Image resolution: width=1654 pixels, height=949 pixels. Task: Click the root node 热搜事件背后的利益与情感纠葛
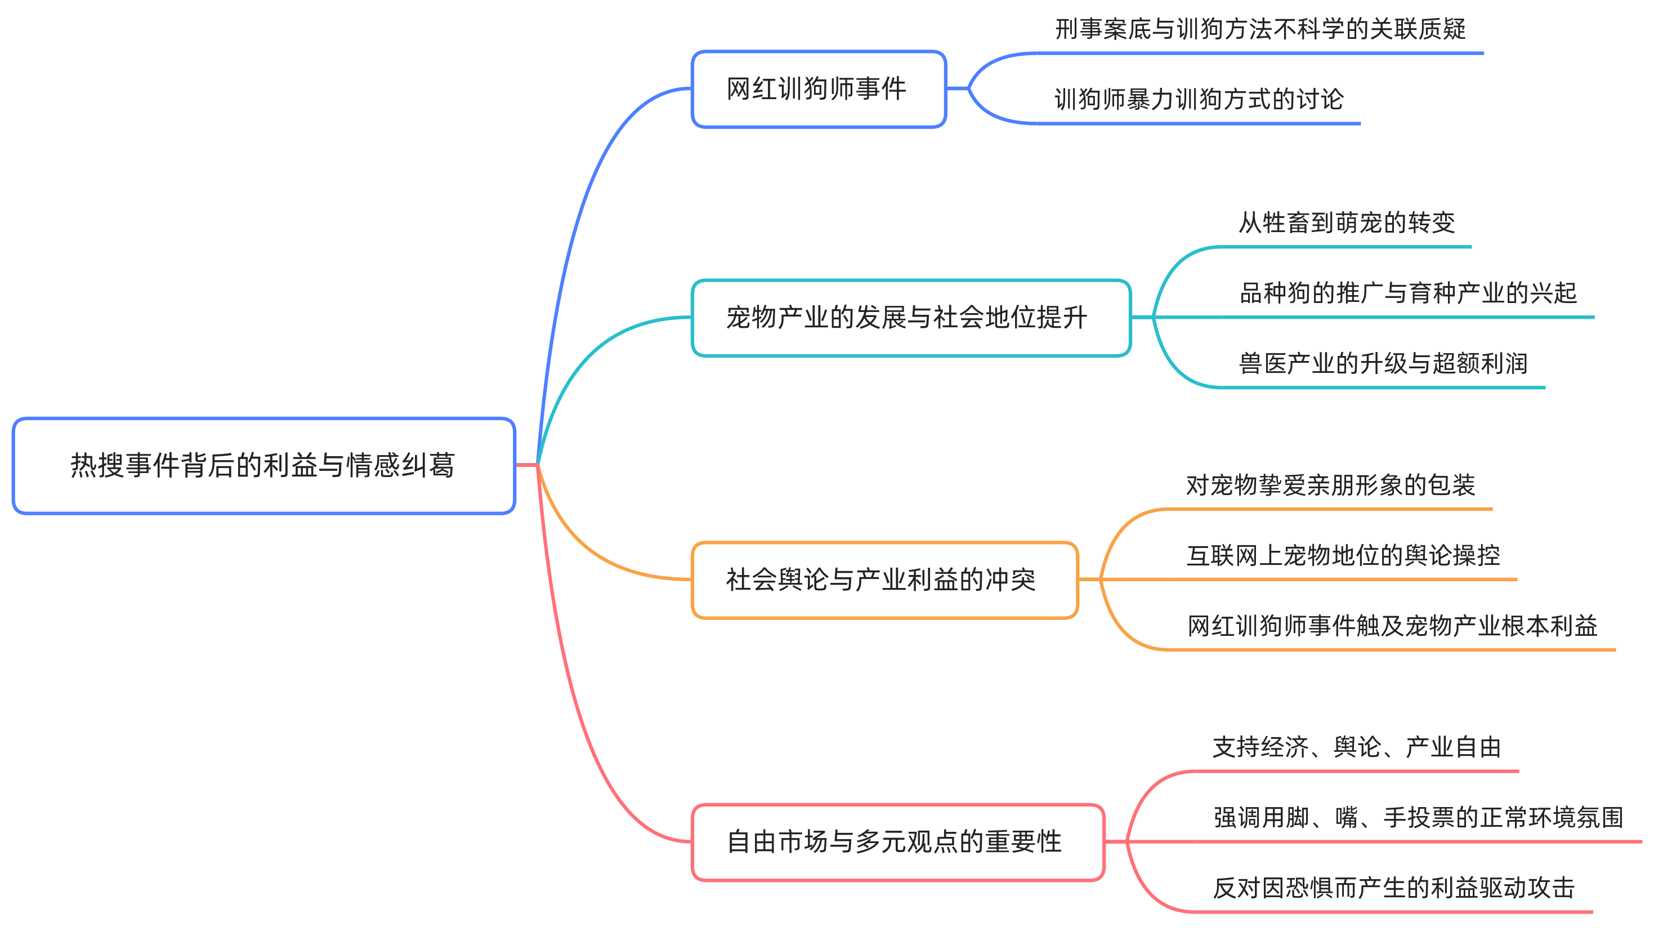click(x=263, y=465)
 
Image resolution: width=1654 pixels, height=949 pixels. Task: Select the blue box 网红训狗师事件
click(x=817, y=88)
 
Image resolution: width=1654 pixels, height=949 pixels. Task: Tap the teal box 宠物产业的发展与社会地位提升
click(x=910, y=318)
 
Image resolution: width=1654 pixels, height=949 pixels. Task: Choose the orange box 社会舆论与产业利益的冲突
click(x=884, y=580)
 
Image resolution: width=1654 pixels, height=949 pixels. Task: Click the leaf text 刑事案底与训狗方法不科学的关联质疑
click(x=1260, y=29)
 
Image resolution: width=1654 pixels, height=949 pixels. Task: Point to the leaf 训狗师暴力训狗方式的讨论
click(x=1199, y=100)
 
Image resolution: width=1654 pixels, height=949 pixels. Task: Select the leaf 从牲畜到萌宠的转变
click(x=1346, y=223)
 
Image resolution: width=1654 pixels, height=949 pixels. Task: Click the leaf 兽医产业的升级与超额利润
click(x=1382, y=364)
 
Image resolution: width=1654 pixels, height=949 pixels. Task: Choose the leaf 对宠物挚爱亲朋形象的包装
click(x=1330, y=485)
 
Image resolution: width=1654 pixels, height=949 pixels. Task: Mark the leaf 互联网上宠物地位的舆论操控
click(x=1343, y=556)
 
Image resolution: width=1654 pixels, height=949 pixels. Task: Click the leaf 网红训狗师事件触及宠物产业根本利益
click(x=1392, y=626)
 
